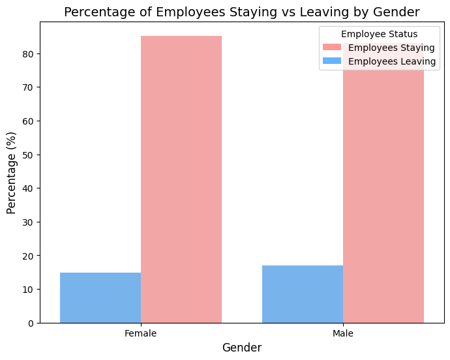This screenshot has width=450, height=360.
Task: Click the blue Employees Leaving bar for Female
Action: tap(100, 297)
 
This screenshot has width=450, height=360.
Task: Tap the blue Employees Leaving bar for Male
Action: tap(303, 294)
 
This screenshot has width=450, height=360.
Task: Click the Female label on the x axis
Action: tap(141, 333)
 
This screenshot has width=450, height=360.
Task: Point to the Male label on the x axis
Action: tap(343, 333)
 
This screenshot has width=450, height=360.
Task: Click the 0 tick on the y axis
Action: tap(30, 323)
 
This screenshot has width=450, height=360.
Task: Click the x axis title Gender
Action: tap(242, 348)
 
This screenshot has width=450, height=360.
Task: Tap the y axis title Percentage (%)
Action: tap(11, 170)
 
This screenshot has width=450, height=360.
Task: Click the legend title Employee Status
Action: tap(379, 34)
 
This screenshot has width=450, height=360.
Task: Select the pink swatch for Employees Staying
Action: tap(332, 48)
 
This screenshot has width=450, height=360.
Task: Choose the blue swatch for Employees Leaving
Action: tap(332, 61)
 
